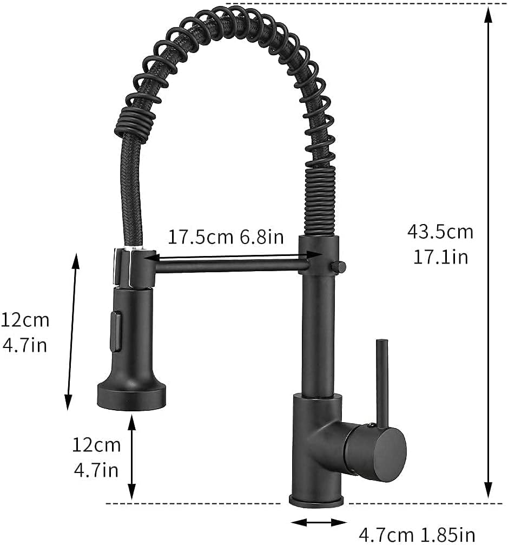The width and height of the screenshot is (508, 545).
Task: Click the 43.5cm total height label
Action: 440,232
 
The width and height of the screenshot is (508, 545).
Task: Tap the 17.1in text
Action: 440,256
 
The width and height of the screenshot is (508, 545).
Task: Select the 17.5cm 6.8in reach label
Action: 225,237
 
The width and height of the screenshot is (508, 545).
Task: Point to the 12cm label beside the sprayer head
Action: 25,320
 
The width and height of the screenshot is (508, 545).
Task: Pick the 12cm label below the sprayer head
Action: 96,445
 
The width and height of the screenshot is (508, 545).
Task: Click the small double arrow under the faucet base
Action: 319,522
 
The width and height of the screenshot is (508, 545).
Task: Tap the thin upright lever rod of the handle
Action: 381,379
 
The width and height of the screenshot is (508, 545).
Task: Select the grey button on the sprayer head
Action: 115,331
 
